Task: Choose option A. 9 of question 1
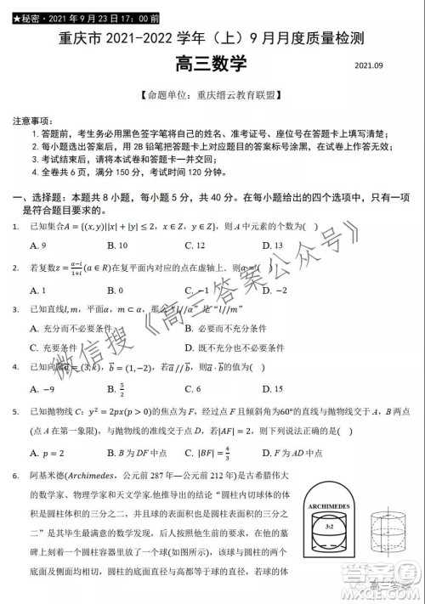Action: (37, 246)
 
